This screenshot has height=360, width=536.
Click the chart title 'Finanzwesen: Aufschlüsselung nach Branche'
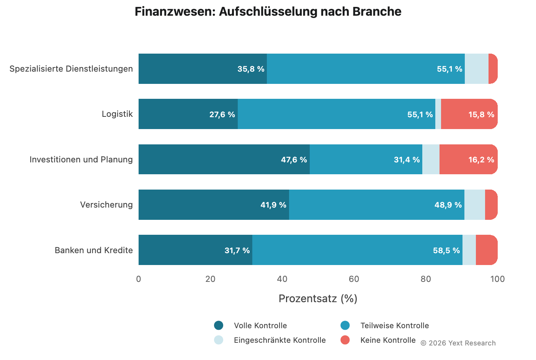click(x=268, y=11)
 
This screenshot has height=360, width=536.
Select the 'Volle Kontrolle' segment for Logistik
click(x=188, y=114)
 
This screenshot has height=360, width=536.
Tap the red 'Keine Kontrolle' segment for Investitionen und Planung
click(x=468, y=159)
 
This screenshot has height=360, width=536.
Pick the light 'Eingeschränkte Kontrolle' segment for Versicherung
click(x=474, y=205)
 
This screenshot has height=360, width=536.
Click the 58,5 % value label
click(x=446, y=250)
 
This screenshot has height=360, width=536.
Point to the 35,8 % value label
click(x=251, y=69)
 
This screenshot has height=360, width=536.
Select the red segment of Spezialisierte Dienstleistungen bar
click(x=493, y=69)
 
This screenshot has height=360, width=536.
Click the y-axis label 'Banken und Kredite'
click(x=94, y=250)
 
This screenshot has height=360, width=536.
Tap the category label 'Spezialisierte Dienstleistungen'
click(x=71, y=69)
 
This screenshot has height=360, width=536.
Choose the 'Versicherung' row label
click(x=106, y=205)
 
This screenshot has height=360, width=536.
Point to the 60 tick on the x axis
click(x=354, y=279)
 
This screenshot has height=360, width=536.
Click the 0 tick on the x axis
click(x=139, y=279)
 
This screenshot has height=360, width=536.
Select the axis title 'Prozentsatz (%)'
click(x=318, y=299)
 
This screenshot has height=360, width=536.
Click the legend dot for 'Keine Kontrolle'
click(x=345, y=340)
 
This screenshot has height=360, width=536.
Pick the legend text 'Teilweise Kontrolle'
click(x=394, y=326)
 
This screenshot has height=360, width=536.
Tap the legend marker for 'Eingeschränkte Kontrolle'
click(x=219, y=340)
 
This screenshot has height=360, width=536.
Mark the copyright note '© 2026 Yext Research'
click(x=458, y=343)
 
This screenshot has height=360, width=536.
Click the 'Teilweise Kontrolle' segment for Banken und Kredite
click(x=357, y=250)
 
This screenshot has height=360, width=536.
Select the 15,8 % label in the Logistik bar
click(x=481, y=115)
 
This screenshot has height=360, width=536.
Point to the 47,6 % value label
click(x=294, y=160)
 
